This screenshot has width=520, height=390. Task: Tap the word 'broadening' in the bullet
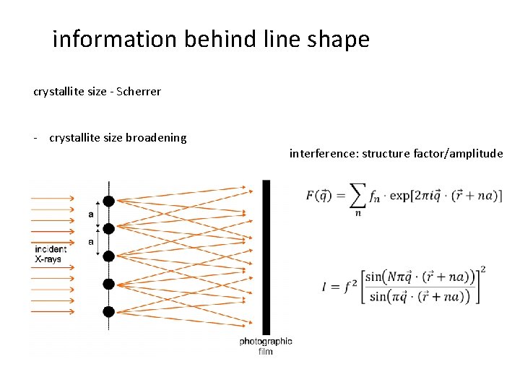157,137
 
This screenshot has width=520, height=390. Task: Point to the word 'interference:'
323,153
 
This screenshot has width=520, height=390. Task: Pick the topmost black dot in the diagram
108,201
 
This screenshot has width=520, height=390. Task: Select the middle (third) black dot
108,256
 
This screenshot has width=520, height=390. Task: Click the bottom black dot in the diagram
108,311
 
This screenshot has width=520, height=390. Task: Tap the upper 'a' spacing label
91,214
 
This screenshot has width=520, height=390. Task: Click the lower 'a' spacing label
91,242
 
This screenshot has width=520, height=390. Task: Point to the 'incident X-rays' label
51,253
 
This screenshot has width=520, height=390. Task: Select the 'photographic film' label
266,346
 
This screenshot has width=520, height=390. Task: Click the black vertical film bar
266,256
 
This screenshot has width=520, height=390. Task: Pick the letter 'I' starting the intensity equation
326,286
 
